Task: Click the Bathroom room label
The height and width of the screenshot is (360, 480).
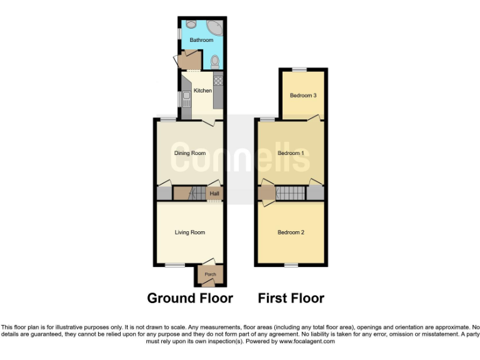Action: [201, 40]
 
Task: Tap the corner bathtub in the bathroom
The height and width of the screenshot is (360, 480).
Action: [214, 26]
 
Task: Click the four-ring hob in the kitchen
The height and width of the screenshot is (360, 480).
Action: [219, 80]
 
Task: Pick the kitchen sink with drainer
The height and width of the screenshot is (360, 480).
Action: [186, 99]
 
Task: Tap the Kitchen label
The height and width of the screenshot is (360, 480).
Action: [202, 91]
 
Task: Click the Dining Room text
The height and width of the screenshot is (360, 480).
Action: [189, 153]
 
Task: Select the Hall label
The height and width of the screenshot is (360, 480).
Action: [214, 194]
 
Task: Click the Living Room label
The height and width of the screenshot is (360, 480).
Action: [189, 232]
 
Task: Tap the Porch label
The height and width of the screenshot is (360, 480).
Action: [210, 274]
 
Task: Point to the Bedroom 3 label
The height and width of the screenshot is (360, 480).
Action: [303, 96]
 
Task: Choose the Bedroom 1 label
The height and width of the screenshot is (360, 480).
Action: [291, 153]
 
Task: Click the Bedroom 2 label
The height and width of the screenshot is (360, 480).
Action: [291, 232]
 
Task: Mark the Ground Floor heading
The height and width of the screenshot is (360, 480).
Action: [190, 298]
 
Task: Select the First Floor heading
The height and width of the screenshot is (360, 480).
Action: [291, 298]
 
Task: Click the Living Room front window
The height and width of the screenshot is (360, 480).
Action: [174, 266]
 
